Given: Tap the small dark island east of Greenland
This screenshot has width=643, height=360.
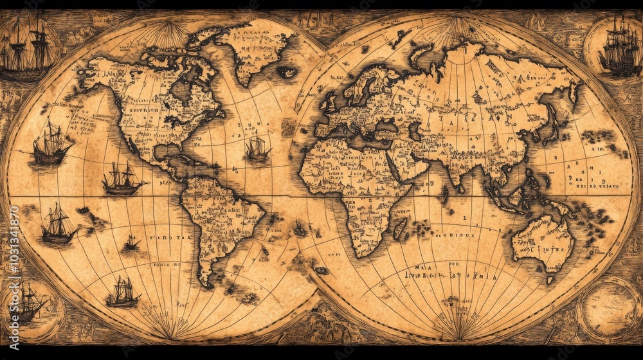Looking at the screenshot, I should (x=287, y=72).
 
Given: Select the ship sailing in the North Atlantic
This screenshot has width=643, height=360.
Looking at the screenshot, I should (x=257, y=149).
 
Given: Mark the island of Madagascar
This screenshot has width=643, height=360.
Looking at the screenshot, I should (x=399, y=228).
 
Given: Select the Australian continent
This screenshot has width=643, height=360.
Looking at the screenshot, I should (x=543, y=241).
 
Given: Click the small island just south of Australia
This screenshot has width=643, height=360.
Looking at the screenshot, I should (x=550, y=280).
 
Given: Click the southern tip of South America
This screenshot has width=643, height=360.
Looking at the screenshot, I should (x=204, y=282).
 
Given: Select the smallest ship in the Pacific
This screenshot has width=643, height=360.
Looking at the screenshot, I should (x=131, y=242).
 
